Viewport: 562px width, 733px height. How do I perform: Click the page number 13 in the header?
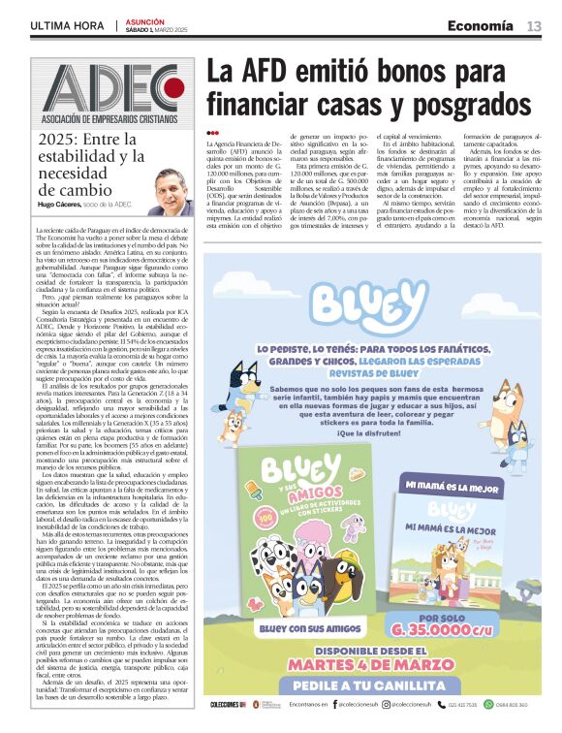pyautogui.click(x=534, y=26)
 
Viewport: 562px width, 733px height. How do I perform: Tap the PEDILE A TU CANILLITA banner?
pyautogui.click(x=375, y=685)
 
